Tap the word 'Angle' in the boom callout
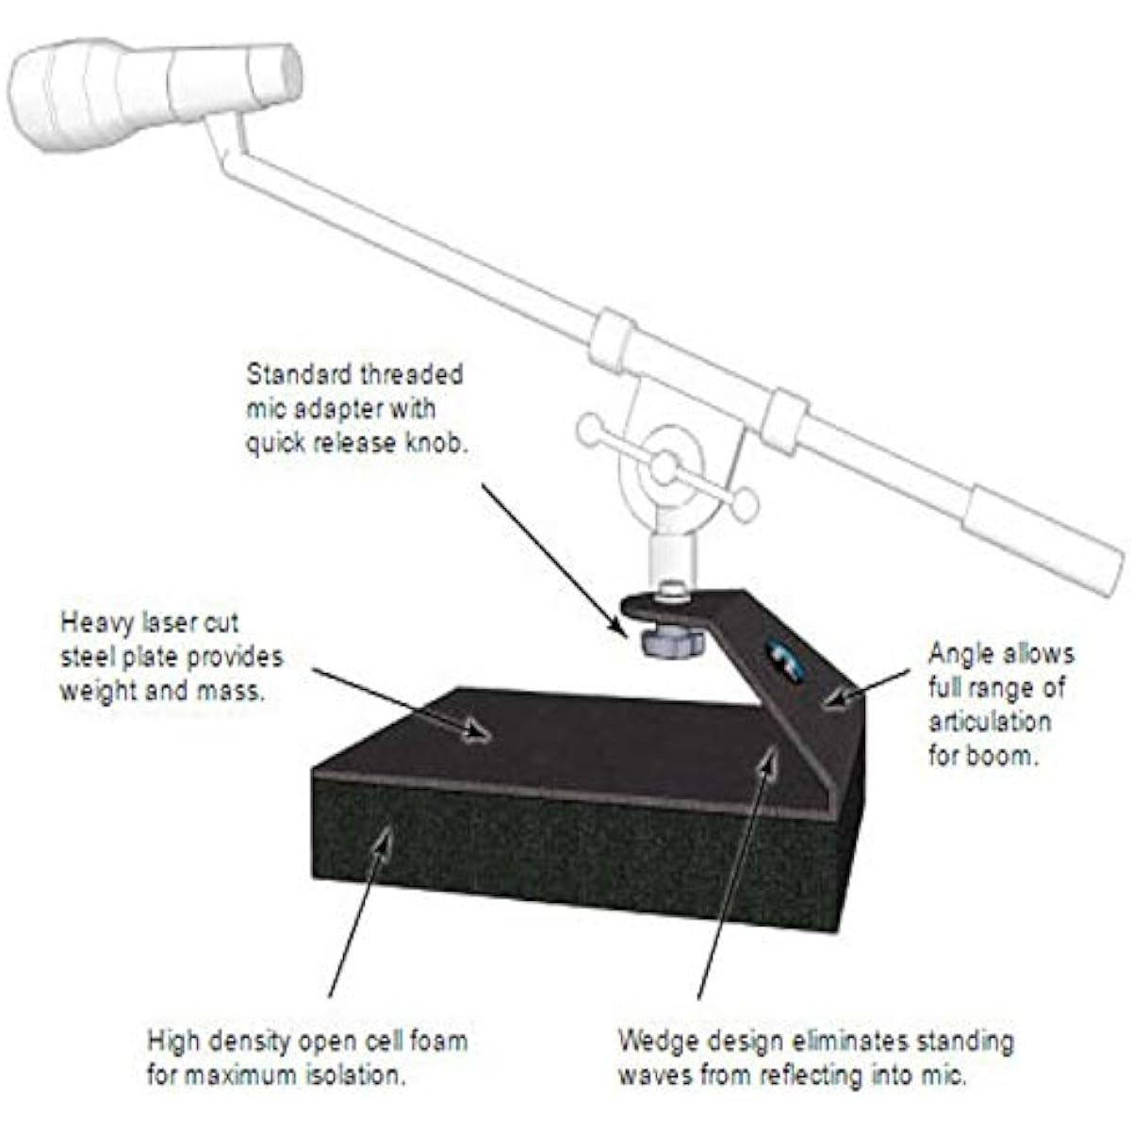coord(958,655)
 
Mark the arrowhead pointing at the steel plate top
coord(478,732)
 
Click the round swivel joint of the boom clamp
coord(664,469)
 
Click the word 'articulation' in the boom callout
coord(990,722)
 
